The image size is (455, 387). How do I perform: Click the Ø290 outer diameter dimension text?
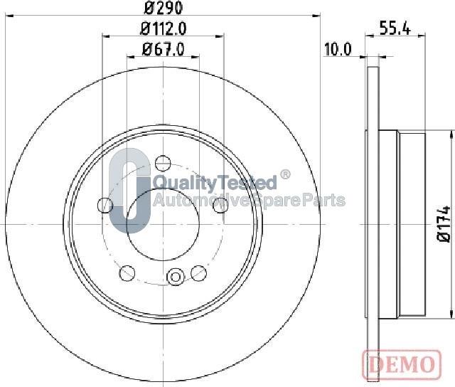164,9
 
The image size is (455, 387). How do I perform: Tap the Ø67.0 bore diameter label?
163,49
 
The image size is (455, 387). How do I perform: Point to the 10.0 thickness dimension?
338,49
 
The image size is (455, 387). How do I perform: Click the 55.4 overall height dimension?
397,28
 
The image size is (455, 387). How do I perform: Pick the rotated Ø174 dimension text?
444,223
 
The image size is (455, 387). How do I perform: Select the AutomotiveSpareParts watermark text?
249,200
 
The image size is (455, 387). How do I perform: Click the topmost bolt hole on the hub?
163,161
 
